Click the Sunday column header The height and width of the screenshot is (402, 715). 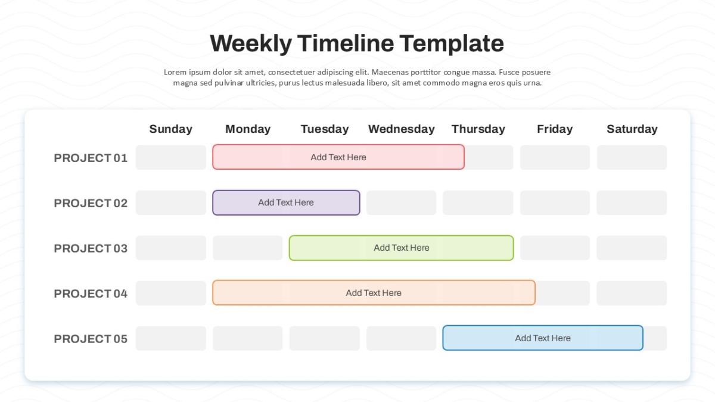pyautogui.click(x=171, y=129)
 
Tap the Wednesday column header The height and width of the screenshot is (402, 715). pyautogui.click(x=401, y=129)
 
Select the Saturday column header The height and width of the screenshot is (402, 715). pyautogui.click(x=632, y=129)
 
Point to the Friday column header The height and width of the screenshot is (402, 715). pyautogui.click(x=555, y=129)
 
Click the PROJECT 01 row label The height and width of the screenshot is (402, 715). pyautogui.click(x=91, y=158)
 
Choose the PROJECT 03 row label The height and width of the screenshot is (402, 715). pyautogui.click(x=91, y=248)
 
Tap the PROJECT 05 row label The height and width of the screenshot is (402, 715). pyautogui.click(x=91, y=339)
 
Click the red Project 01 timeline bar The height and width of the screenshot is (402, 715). pyautogui.click(x=338, y=157)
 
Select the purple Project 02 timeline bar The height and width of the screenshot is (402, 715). pyautogui.click(x=286, y=202)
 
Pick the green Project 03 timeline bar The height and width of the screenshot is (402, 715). pyautogui.click(x=401, y=248)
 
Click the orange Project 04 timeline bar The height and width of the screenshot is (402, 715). pyautogui.click(x=374, y=293)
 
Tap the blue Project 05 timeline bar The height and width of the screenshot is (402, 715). pyautogui.click(x=543, y=338)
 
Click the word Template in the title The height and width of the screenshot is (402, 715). pyautogui.click(x=452, y=43)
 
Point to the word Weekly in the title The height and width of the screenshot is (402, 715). pyautogui.click(x=251, y=43)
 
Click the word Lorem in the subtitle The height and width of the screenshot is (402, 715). pyautogui.click(x=175, y=72)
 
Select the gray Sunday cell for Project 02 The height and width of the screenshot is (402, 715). pyautogui.click(x=171, y=202)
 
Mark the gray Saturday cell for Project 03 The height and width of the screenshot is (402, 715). pyautogui.click(x=632, y=248)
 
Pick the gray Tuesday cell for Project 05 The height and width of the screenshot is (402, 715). pyautogui.click(x=324, y=338)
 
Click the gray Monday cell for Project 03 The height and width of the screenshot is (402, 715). pyautogui.click(x=248, y=248)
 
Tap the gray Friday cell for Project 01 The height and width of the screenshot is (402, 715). pyautogui.click(x=555, y=157)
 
